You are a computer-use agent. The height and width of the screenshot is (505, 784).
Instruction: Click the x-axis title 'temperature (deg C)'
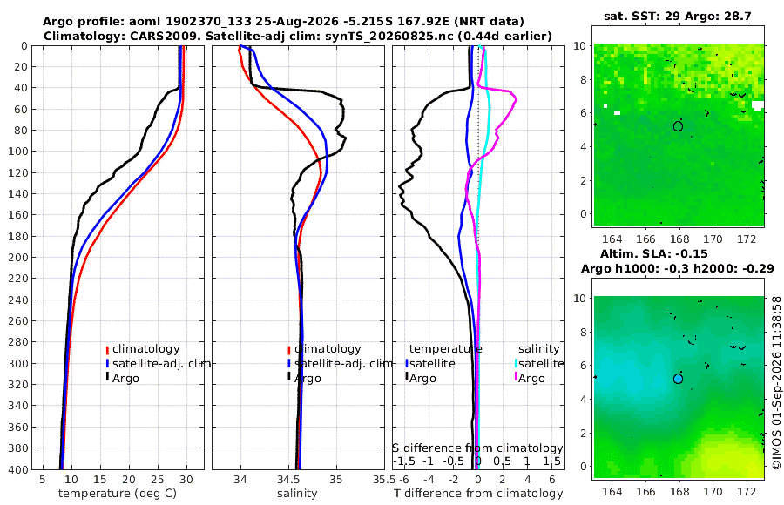tap(118, 494)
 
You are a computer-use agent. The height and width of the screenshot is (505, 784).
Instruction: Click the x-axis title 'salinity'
tap(297, 494)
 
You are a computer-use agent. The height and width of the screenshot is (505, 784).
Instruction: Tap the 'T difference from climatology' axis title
tap(478, 494)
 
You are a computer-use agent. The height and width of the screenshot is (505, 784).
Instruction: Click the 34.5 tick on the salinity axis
tap(288, 480)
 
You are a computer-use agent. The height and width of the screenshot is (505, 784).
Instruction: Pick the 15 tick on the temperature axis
tap(99, 480)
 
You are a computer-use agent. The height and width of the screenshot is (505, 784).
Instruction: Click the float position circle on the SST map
tap(678, 126)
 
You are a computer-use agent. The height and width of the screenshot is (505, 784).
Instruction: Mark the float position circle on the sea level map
tap(678, 379)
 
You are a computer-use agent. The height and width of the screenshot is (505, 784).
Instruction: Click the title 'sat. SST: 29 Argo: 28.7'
tap(678, 16)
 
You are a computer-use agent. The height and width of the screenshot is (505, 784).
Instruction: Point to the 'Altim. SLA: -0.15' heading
tap(654, 253)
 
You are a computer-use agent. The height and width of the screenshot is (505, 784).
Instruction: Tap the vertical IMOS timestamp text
tap(776, 382)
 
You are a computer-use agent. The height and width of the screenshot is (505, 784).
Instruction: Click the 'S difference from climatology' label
tap(478, 448)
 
